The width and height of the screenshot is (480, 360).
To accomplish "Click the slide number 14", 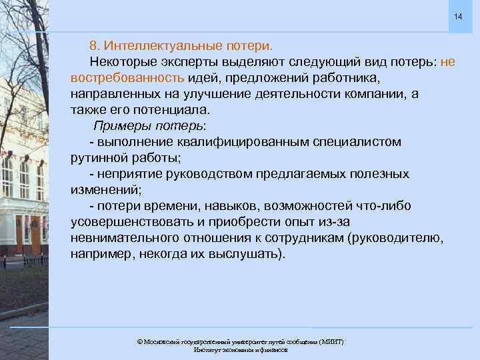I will pos(458,16).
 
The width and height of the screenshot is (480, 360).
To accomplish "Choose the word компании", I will pos(373,94).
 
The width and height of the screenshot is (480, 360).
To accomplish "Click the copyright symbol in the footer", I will pos(139,341).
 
